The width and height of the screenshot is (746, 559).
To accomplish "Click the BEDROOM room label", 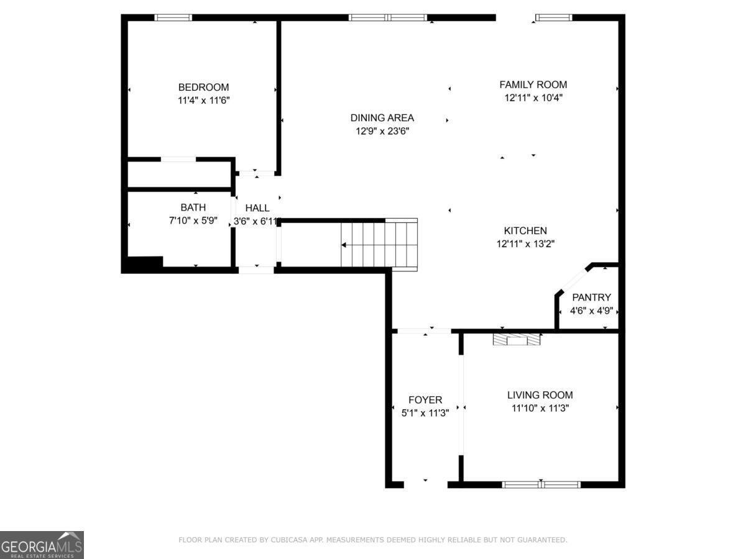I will point(203,87).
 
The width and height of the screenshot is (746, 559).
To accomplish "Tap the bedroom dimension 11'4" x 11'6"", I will point(203,99).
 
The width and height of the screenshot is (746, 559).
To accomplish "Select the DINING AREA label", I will point(382,118).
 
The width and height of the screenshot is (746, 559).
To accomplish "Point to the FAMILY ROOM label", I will point(533,84).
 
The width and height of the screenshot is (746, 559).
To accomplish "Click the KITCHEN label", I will point(525,230).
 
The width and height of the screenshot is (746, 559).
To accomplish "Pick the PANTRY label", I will point(591,298).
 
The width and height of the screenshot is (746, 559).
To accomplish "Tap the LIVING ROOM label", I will point(540,395).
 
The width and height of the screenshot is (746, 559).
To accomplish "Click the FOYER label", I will point(425,400).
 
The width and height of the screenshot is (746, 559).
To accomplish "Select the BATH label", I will point(193,207).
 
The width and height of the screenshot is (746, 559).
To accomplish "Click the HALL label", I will point(257,208).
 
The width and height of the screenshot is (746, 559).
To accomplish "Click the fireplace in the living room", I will point(517,339).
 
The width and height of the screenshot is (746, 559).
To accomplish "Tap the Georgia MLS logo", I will point(42,545).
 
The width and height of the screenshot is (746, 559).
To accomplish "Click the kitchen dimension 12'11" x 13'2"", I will point(525,244).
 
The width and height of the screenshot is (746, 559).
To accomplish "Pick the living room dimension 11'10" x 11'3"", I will point(540,408).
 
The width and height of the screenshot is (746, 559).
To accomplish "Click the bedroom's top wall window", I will point(173,17).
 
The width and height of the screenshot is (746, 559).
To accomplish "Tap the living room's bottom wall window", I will point(541,484).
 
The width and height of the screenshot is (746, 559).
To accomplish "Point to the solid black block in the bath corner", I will point(143,263).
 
